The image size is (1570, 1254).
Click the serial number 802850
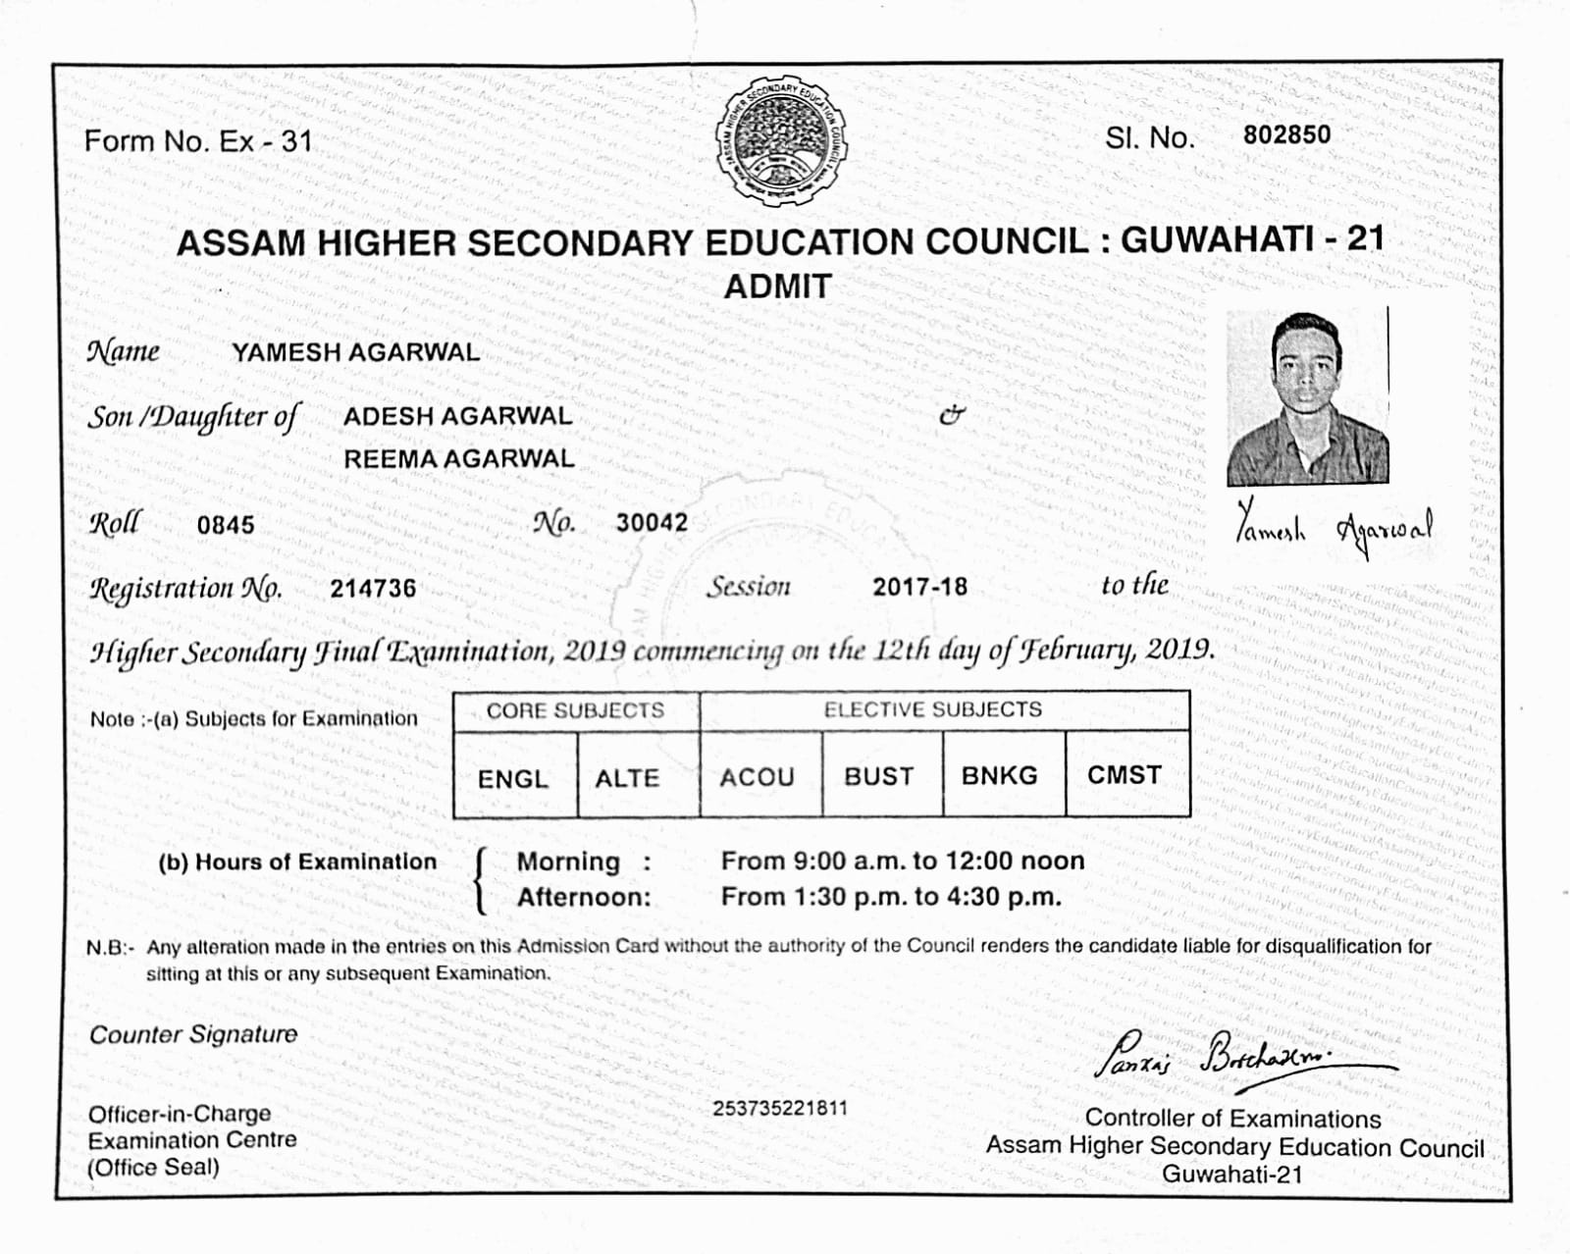point(1286,134)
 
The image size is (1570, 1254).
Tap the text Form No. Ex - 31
point(197,141)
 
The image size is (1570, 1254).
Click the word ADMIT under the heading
point(777,287)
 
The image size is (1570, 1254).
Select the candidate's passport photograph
point(1307,397)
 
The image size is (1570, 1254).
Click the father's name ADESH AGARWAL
point(457,415)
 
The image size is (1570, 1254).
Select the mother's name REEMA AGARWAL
point(458,458)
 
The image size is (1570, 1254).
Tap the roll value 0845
point(226,525)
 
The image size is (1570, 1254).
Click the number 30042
point(652,523)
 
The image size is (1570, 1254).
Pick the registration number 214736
point(373,589)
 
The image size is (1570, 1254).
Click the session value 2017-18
point(919,587)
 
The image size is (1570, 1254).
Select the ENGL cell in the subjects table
point(513,778)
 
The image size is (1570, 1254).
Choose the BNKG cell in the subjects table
point(999,775)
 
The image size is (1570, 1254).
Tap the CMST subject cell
point(1124,774)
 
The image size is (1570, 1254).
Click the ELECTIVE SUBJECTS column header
point(932,709)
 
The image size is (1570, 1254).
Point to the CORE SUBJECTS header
point(575,710)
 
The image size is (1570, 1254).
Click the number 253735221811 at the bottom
point(779,1108)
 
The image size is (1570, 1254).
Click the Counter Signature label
point(193,1034)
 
